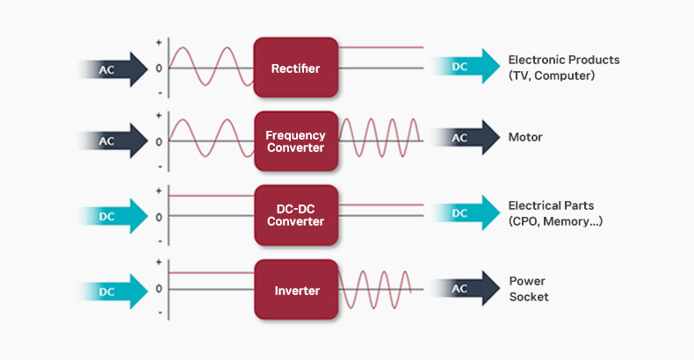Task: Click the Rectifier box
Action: pyautogui.click(x=296, y=68)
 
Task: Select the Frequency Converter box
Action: pyautogui.click(x=296, y=141)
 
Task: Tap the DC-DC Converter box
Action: pyautogui.click(x=296, y=215)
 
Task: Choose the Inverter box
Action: pyautogui.click(x=296, y=290)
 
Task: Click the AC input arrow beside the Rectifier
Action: pyautogui.click(x=113, y=69)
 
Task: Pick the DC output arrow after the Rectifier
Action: pyautogui.click(x=466, y=66)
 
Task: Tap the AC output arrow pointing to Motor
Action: pyautogui.click(x=466, y=138)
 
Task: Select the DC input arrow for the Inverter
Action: pyautogui.click(x=113, y=292)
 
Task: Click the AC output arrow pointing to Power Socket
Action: pyautogui.click(x=466, y=288)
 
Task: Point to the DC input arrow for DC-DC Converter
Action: pyautogui.click(x=113, y=216)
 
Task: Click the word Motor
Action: pyautogui.click(x=525, y=137)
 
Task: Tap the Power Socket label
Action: pyautogui.click(x=529, y=289)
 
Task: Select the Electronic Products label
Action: pyautogui.click(x=564, y=68)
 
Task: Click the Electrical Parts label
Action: pyautogui.click(x=555, y=213)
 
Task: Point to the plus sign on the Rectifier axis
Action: pyautogui.click(x=159, y=43)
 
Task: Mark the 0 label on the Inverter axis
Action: pyautogui.click(x=159, y=289)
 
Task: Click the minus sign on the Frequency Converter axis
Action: pyautogui.click(x=160, y=167)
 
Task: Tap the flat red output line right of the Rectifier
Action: pyautogui.click(x=381, y=47)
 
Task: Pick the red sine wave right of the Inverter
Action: pyautogui.click(x=375, y=289)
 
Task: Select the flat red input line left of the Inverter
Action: pyautogui.click(x=212, y=272)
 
